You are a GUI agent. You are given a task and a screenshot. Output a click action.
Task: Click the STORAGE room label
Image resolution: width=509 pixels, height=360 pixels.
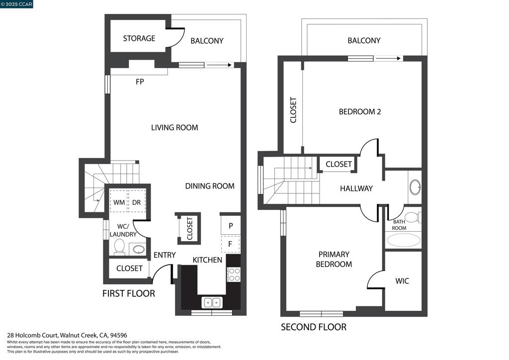coord(139,38)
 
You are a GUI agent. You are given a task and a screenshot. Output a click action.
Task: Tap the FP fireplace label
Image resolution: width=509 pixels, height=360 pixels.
coord(140,82)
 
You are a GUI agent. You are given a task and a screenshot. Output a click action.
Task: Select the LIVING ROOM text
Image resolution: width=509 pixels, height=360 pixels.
coord(174,128)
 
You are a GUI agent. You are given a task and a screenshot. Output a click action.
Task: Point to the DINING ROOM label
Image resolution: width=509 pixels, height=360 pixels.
coord(210,186)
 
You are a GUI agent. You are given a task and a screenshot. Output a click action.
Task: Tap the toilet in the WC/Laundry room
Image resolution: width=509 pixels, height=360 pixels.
coord(119,247)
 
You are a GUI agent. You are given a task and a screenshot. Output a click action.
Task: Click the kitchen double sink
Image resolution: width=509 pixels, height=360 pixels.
coord(212,302)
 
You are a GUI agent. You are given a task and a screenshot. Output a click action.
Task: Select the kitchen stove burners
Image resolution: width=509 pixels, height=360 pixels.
coord(234,274)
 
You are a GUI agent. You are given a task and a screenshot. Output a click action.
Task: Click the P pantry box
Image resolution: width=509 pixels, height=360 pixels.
coord(231,225)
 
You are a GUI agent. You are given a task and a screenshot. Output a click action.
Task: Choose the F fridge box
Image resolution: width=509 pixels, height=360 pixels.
coord(231,244)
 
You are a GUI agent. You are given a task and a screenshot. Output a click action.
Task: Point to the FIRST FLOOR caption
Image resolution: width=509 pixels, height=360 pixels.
coord(129,293)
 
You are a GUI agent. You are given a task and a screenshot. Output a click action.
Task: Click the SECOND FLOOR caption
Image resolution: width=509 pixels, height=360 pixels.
coord(314,327)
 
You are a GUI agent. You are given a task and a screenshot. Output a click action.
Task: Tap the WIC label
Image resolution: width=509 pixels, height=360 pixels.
coord(402,281)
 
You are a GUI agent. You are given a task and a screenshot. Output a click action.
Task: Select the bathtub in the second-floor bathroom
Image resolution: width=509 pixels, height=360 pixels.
coord(404,241)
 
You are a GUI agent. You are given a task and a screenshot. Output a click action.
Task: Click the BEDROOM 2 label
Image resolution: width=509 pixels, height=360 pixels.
coord(360,112)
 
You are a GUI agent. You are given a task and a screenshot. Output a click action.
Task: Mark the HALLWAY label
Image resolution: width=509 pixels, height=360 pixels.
coord(356,188)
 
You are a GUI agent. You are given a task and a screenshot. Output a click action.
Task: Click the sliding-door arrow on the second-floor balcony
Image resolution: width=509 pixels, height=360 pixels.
coord(388,59)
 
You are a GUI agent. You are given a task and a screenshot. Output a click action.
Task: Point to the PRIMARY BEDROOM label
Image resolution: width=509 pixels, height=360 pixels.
coord(334,259)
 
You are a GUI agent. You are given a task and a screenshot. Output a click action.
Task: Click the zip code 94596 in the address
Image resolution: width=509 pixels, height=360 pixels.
coord(118,335)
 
